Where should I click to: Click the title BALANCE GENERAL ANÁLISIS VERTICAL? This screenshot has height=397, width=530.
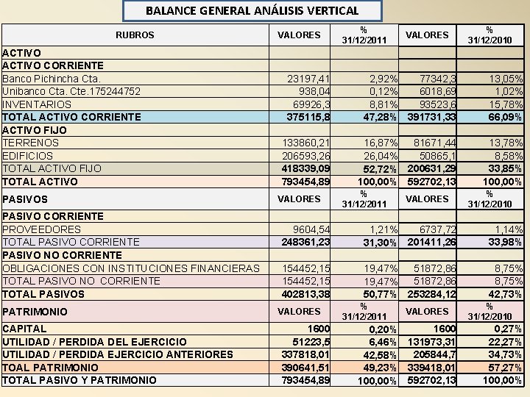[252, 10]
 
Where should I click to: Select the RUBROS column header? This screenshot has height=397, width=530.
[135, 35]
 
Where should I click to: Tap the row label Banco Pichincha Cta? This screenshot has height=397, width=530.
[52, 78]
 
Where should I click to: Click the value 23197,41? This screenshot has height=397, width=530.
[309, 78]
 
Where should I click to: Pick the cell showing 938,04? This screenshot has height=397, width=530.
[315, 90]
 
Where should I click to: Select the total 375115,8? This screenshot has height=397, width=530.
[308, 116]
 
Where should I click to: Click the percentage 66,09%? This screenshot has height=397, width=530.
[505, 117]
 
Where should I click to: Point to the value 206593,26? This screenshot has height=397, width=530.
[307, 156]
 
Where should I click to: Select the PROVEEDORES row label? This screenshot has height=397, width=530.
[42, 229]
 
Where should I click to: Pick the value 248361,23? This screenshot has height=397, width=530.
[306, 242]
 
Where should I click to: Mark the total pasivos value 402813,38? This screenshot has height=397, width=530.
[306, 294]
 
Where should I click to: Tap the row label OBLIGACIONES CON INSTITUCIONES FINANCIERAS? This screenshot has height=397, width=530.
[131, 268]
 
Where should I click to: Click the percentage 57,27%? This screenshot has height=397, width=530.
[505, 368]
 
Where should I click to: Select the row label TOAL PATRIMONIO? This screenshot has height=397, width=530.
[51, 368]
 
